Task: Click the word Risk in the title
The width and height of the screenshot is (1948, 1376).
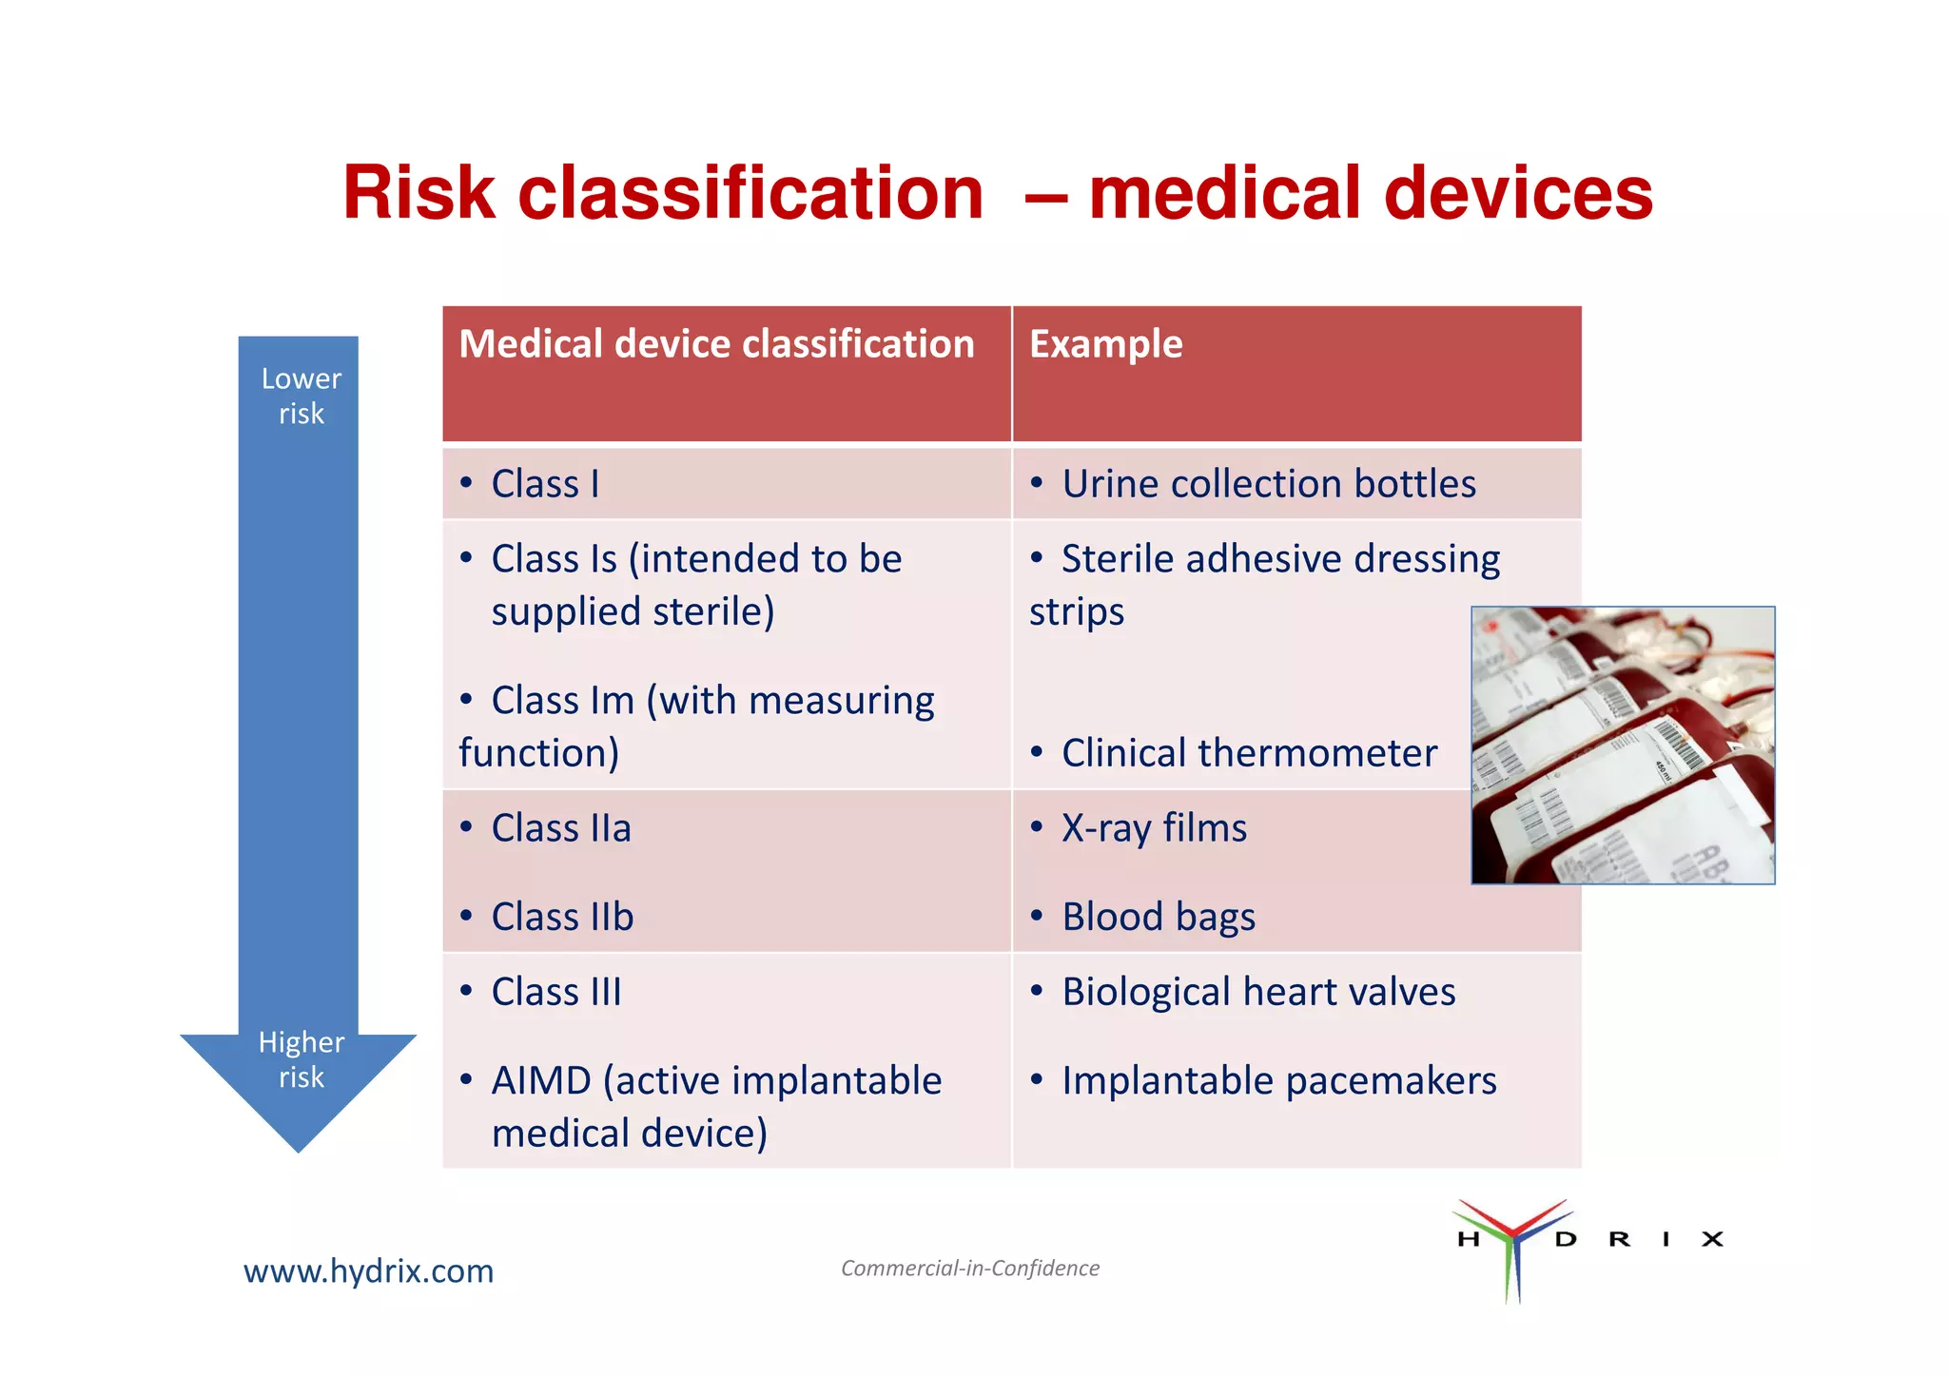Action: [x=419, y=193]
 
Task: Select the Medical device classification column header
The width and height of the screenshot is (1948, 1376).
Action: [x=716, y=344]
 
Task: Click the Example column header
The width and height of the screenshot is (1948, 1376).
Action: [x=1105, y=344]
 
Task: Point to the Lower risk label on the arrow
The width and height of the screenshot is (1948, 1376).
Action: [x=301, y=396]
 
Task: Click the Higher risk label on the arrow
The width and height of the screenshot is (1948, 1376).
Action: [x=301, y=1059]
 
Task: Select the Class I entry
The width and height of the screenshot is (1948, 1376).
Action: [x=544, y=484]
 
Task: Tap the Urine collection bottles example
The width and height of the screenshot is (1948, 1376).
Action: [x=1268, y=484]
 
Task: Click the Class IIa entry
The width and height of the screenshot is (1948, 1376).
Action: [x=560, y=828]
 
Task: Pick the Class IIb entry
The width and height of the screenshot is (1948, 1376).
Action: [x=561, y=917]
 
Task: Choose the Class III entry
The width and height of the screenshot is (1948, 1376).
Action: [x=555, y=992]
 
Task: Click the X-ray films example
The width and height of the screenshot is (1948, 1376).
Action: [x=1153, y=828]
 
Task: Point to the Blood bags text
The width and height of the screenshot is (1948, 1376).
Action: [x=1158, y=917]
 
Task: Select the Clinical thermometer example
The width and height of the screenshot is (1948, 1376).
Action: [x=1248, y=753]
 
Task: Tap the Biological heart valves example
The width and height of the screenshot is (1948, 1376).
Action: [x=1257, y=992]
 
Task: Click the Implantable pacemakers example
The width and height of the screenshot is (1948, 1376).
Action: [x=1278, y=1081]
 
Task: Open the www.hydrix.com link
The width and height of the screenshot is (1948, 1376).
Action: [x=368, y=1271]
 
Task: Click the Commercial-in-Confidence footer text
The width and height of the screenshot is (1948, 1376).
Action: [x=969, y=1269]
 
